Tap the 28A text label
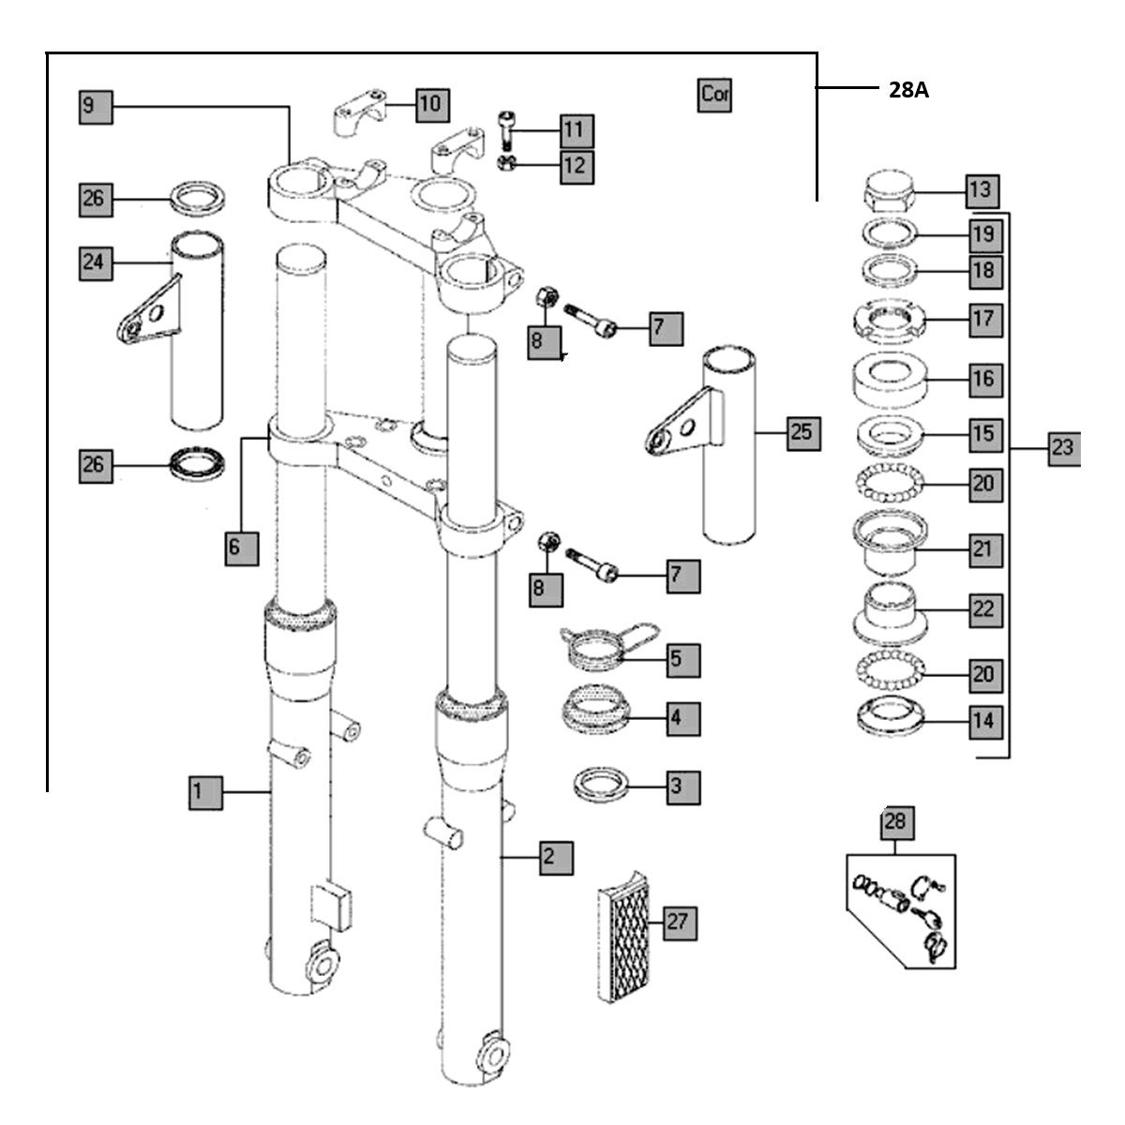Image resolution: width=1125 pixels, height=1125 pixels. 908,90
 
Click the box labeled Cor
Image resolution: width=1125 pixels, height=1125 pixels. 714,95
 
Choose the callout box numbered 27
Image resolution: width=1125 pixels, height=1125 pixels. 678,922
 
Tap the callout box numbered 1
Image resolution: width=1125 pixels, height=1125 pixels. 198,792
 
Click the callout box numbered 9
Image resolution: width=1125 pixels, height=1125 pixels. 94,106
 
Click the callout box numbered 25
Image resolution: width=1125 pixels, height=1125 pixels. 803,433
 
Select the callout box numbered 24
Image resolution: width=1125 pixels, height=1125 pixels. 94,262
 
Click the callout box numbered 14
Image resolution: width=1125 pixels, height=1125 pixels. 982,722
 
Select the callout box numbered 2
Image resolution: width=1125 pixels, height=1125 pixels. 555,855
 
